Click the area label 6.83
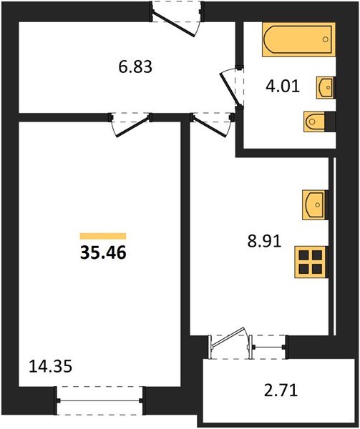pyautogui.click(x=135, y=67)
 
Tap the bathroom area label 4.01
pyautogui.click(x=283, y=87)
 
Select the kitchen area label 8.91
pyautogui.click(x=265, y=242)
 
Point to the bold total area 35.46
pyautogui.click(x=103, y=252)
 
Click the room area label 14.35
pyautogui.click(x=50, y=366)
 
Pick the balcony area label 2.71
pyautogui.click(x=281, y=390)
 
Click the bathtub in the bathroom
pyautogui.click(x=298, y=39)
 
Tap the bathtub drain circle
pyautogui.click(x=325, y=39)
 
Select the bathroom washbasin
pyautogui.click(x=325, y=87)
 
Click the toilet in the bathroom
pyautogui.click(x=315, y=122)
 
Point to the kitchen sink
pyautogui.click(x=315, y=204)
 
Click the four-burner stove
pyautogui.click(x=311, y=262)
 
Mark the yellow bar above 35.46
pyautogui.click(x=103, y=236)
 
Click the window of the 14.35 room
pyautogui.click(x=100, y=400)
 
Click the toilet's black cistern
pyautogui.click(x=331, y=122)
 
